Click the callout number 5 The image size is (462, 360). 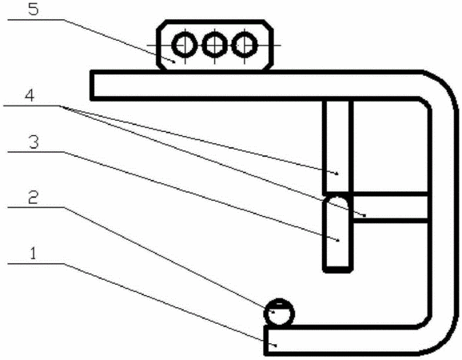[x=34, y=9]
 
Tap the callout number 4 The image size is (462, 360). [x=29, y=95]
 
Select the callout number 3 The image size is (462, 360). [x=34, y=142]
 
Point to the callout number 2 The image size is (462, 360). [x=33, y=198]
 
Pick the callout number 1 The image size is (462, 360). [x=33, y=254]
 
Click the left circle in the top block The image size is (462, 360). [x=185, y=46]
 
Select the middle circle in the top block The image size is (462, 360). [x=215, y=46]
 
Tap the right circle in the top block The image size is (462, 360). [x=245, y=46]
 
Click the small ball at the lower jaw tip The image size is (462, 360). [x=279, y=313]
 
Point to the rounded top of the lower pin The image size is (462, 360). [x=337, y=201]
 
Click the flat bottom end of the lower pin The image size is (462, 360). [x=338, y=269]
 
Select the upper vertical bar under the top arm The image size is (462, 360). [x=337, y=147]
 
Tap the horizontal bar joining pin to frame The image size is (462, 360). [x=390, y=207]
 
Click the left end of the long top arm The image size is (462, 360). [x=93, y=86]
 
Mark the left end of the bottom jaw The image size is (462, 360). [x=266, y=340]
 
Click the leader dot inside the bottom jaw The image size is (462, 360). [x=276, y=345]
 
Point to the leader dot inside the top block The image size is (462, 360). [x=174, y=61]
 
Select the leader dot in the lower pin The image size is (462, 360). [x=338, y=240]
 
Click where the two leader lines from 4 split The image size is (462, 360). [x=62, y=106]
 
